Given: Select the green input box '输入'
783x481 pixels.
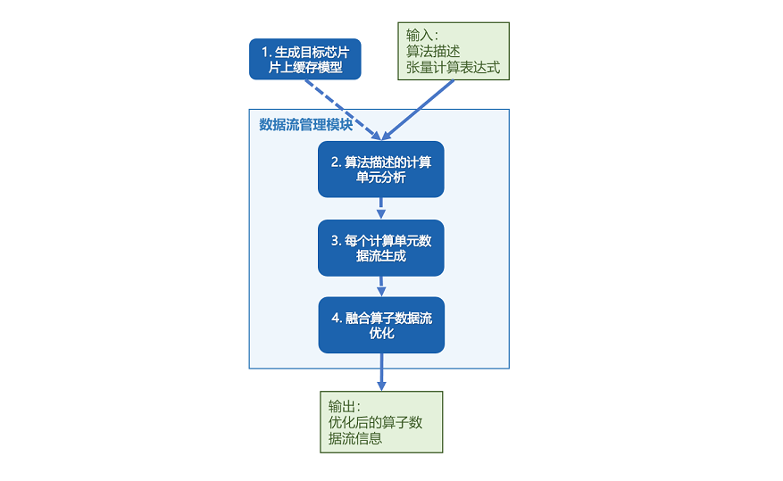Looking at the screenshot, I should tap(453, 52).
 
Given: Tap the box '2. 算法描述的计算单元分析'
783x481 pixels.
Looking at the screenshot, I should tap(381, 170).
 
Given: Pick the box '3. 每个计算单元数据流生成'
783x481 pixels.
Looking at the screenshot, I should tap(381, 247).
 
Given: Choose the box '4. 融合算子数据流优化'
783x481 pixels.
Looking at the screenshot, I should tap(381, 325).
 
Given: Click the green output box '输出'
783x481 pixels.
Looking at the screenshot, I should tap(381, 422).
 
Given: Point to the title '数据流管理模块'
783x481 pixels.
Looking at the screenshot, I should tap(305, 124).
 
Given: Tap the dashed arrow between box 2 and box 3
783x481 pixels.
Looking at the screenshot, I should tap(381, 208).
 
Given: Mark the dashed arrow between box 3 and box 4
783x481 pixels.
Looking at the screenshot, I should tap(381, 286).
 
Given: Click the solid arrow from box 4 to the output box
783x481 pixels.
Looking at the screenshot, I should tap(381, 370).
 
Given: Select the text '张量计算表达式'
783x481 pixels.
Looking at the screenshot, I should tap(454, 68).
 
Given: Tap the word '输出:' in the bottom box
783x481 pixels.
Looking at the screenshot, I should tap(346, 406).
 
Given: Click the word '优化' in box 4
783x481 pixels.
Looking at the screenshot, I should tap(381, 333).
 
